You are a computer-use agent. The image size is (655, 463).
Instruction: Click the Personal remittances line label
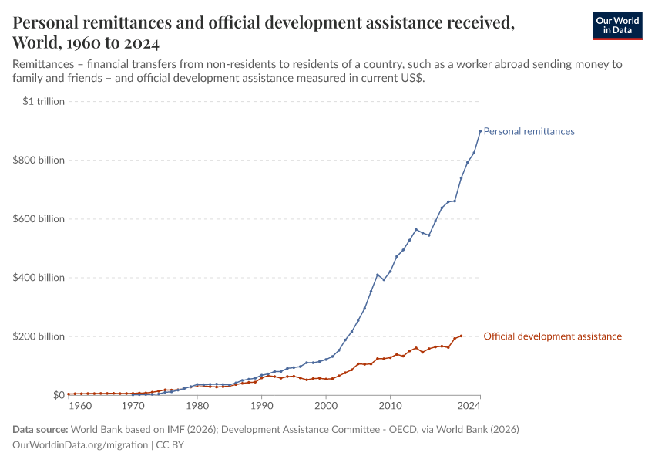(529, 131)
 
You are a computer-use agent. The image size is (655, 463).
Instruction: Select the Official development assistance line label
(552, 336)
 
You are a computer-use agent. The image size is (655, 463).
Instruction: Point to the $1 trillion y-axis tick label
(45, 101)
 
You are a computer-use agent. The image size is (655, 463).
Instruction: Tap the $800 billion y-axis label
(39, 161)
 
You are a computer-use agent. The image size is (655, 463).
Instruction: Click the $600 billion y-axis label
(39, 219)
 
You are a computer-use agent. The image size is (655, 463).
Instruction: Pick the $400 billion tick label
(39, 278)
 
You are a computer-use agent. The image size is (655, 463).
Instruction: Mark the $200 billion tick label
(39, 336)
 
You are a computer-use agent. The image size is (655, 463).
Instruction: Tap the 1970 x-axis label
(133, 405)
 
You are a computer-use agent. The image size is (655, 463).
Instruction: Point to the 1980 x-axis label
(197, 405)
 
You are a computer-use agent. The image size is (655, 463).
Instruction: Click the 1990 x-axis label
(262, 405)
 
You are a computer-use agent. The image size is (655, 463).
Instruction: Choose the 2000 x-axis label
(326, 405)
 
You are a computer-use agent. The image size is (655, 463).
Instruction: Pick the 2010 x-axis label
(391, 405)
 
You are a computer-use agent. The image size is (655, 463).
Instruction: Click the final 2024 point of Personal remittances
(480, 130)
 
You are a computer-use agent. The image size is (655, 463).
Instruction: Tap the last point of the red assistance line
(461, 336)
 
